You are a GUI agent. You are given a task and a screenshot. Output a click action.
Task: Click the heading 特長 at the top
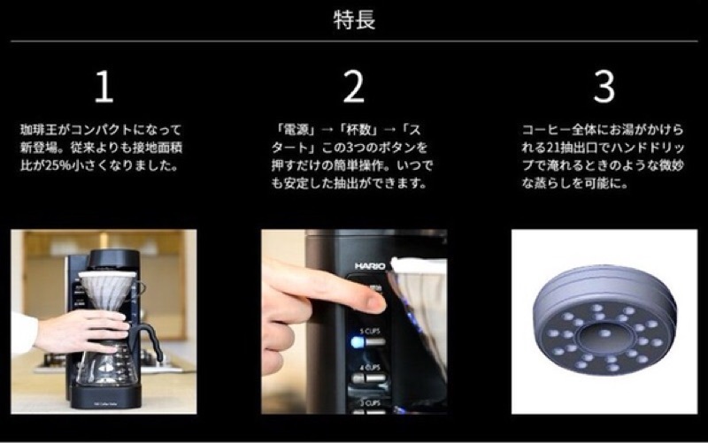tap(355, 19)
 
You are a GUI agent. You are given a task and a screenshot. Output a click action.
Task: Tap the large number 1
tap(104, 87)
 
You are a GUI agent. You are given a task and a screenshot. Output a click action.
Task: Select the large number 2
tap(353, 86)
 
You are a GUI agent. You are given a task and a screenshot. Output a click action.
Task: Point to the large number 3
tap(604, 86)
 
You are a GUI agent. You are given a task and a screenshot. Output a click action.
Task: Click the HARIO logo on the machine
tap(370, 266)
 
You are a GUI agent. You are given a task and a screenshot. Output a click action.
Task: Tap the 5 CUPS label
tap(370, 332)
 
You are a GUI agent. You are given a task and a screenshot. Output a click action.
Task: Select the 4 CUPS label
tap(370, 368)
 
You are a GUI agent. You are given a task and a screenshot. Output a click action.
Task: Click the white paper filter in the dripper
tap(107, 289)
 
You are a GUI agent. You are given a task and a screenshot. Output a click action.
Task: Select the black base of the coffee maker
tap(106, 397)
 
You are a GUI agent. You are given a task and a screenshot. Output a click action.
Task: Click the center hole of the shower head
tap(604, 334)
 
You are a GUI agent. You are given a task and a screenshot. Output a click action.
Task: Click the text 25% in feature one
tap(58, 165)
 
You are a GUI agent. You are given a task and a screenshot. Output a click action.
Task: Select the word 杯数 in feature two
tap(358, 130)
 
